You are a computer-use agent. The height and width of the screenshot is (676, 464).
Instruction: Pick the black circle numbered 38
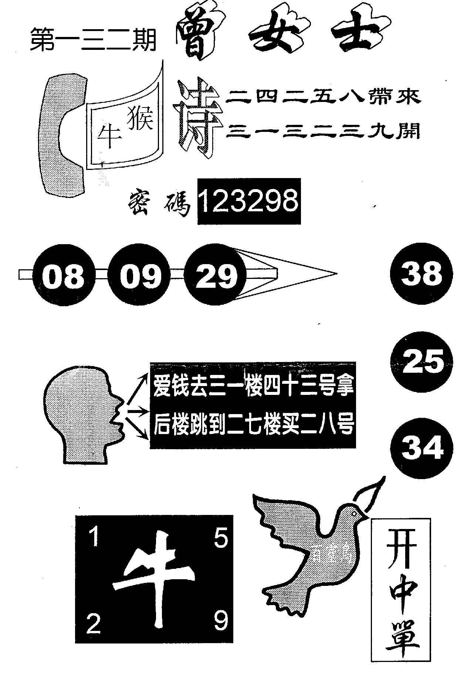[421, 273]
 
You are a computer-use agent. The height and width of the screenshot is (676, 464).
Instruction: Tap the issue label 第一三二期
[93, 41]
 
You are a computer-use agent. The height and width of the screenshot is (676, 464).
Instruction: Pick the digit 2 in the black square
[94, 625]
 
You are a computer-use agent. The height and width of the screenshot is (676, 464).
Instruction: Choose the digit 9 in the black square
[221, 622]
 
